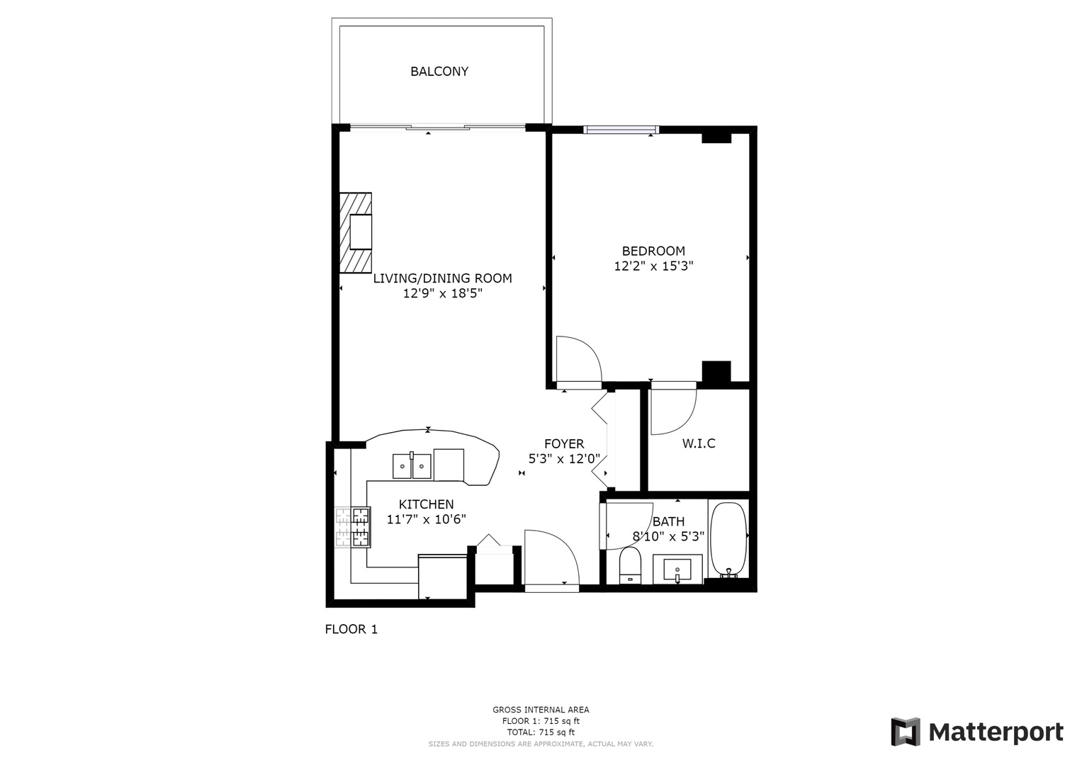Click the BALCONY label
point(439,72)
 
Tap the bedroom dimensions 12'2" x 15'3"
point(653,267)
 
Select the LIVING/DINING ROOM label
point(442,278)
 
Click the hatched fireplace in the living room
point(356,232)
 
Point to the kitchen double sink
point(412,465)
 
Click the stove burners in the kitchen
point(354,528)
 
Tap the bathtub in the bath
point(728,539)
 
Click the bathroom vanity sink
point(678,569)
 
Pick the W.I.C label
point(698,444)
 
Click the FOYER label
point(564,444)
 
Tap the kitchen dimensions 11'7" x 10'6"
point(426,519)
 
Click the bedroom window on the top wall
point(621,130)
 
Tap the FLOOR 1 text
point(351,629)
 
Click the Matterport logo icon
point(905,732)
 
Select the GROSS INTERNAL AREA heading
point(541,710)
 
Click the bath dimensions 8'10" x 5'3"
point(667,537)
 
